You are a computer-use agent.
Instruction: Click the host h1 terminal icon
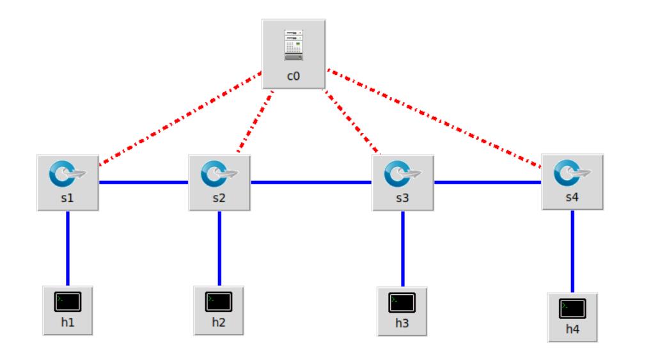click(68, 301)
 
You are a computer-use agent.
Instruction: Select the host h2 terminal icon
click(219, 301)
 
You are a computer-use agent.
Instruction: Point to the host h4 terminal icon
click(572, 308)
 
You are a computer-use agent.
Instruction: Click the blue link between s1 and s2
click(143, 182)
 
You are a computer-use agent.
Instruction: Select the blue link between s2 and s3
click(311, 182)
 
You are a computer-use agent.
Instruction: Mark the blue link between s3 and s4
click(487, 182)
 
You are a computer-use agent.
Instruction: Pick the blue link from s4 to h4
click(572, 251)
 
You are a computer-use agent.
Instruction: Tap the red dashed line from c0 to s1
click(179, 116)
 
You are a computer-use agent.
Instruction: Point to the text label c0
click(294, 75)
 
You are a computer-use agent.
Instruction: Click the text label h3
click(402, 323)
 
